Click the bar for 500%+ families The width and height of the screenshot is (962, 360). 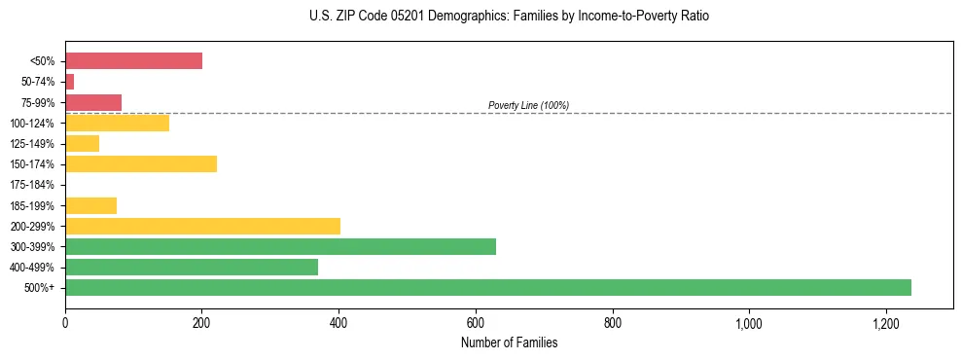point(487,287)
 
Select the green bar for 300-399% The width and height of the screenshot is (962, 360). point(280,246)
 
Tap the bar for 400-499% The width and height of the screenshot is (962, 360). point(192,267)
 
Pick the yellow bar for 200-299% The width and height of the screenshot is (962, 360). point(202,226)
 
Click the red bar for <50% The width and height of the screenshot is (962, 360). point(133,61)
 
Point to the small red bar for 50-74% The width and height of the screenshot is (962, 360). point(69,82)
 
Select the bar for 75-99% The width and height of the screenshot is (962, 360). point(93,102)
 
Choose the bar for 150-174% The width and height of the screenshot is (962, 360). point(141,163)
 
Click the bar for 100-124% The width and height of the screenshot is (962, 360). point(117,123)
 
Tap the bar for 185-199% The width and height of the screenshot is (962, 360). point(90,205)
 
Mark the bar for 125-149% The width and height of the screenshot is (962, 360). point(82,143)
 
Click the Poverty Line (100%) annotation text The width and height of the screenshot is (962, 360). point(528,105)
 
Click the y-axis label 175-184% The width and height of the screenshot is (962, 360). point(32,185)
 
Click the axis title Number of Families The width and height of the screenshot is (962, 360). point(509,342)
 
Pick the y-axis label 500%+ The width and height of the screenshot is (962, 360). point(40,288)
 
